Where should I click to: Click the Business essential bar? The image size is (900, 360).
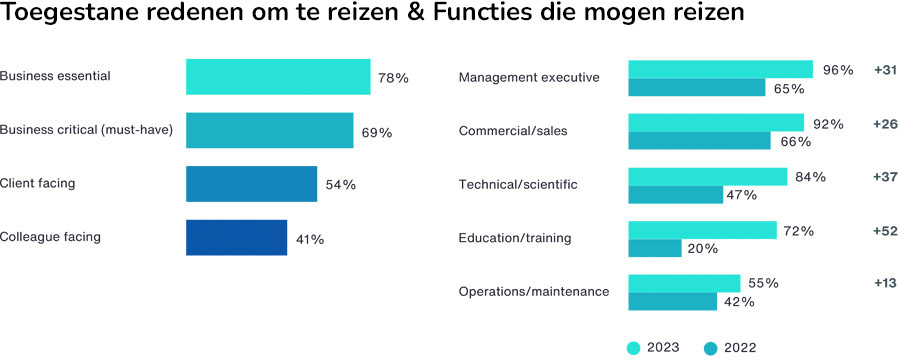point(278,77)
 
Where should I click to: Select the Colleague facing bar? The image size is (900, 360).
point(236,238)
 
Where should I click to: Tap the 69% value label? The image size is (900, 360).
point(376,132)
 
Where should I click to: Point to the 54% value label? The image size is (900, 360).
point(340,185)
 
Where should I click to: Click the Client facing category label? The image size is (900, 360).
point(38,183)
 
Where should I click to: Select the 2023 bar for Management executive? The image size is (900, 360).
point(720,69)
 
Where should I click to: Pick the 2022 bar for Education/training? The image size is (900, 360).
point(654,248)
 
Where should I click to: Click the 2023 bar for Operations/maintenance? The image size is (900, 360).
point(684,283)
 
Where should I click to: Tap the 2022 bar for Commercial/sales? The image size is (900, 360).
point(699,141)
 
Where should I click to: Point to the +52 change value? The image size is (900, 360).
point(885,230)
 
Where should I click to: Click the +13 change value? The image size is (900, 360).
point(885,283)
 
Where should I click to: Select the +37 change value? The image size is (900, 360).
point(885,177)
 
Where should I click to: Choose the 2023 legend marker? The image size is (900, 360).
point(633,348)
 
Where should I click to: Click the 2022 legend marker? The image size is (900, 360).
point(711,348)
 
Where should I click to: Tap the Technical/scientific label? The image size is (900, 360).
point(518,185)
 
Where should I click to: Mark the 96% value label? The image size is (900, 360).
point(838,70)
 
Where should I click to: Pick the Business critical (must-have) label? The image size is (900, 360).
point(87,130)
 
